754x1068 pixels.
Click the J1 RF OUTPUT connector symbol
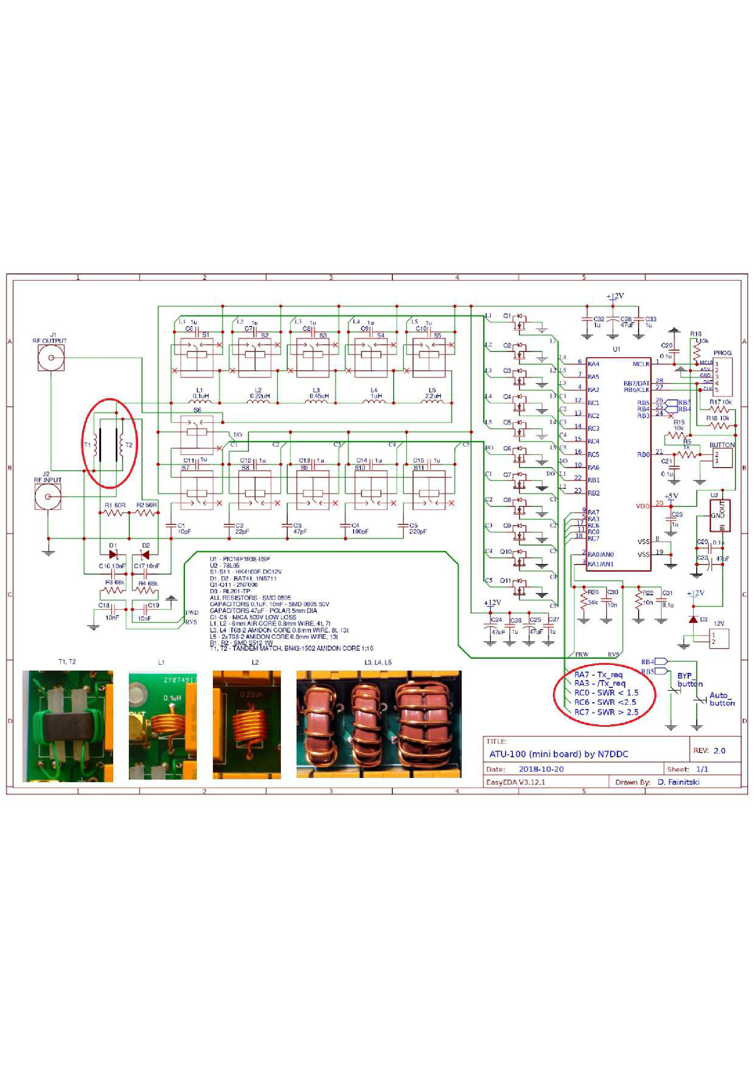pos(51,358)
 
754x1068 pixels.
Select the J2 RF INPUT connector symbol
pos(47,496)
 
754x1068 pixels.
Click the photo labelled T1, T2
pos(68,726)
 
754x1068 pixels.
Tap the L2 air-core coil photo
pos(246,724)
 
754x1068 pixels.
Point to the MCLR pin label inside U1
pos(640,364)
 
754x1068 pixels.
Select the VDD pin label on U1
pos(642,506)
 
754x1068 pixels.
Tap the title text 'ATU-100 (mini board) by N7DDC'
pos(558,754)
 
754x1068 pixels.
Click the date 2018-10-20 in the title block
pos(541,770)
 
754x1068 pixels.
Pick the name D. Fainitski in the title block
pos(678,782)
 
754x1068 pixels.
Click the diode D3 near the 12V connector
pos(693,619)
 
